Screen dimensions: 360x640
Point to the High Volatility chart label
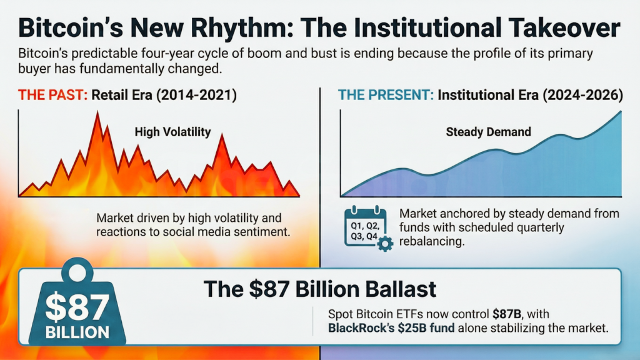173,132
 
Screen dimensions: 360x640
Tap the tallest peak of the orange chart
97,114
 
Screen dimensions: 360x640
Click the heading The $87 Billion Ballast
319,289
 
